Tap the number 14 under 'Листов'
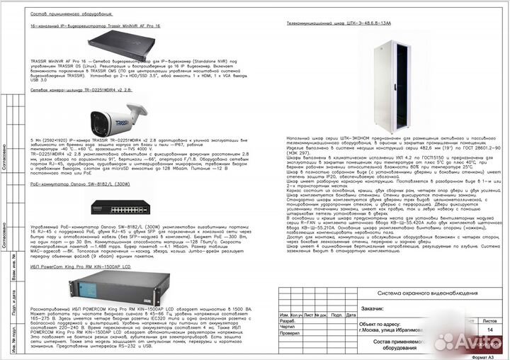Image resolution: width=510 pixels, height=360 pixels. (x=490, y=330)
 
